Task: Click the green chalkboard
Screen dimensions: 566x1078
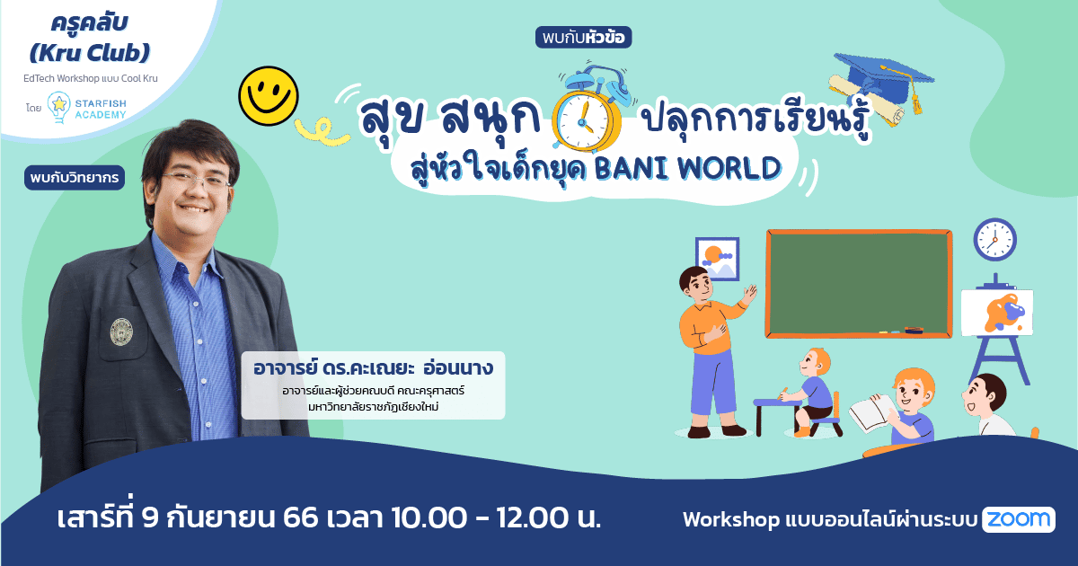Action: point(857,282)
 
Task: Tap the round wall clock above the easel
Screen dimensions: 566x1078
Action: point(994,240)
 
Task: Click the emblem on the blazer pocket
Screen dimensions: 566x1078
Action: point(121,332)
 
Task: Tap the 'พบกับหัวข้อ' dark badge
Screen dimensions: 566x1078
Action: point(583,38)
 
